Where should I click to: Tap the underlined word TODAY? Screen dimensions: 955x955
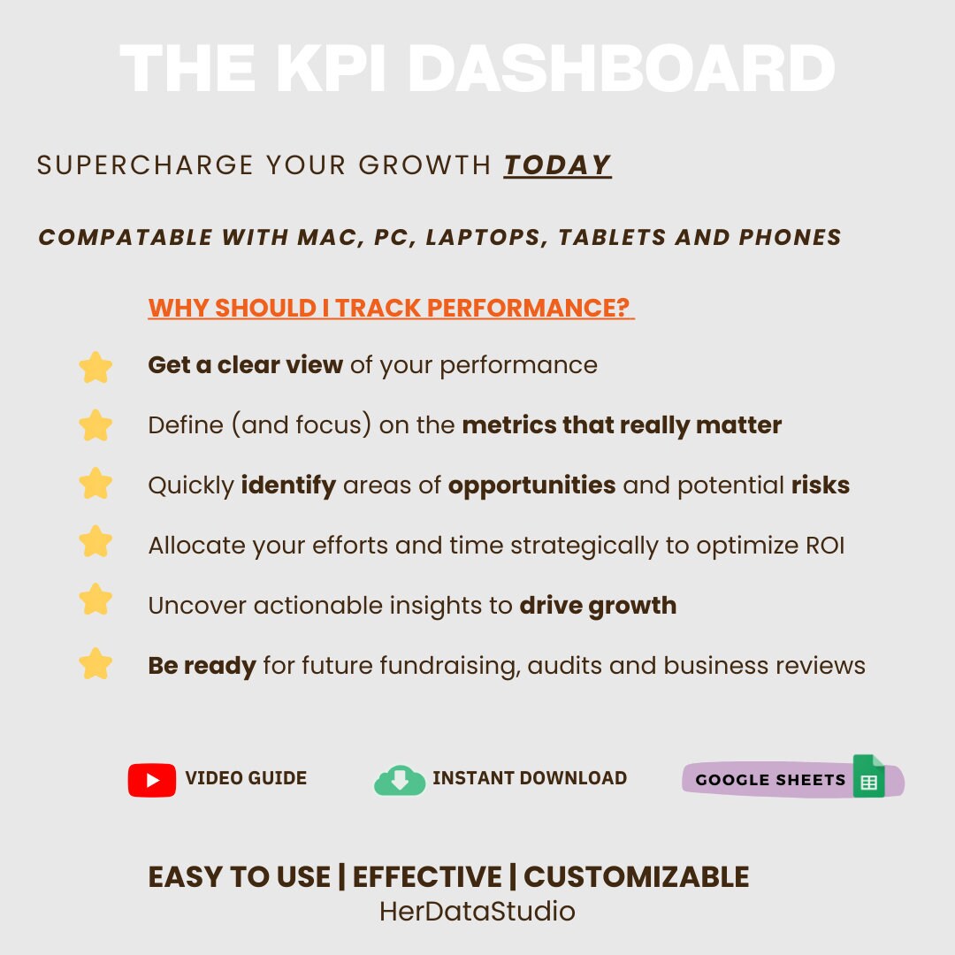(x=557, y=165)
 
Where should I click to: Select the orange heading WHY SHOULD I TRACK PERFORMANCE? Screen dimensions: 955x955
(x=390, y=308)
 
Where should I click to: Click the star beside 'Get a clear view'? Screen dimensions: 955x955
(x=95, y=367)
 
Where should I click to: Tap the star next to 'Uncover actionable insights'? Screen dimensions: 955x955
(x=95, y=600)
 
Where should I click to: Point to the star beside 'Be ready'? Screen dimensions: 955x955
(x=95, y=663)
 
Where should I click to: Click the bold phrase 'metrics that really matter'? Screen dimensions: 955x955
(x=622, y=425)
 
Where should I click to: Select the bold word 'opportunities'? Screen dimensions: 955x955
(x=531, y=485)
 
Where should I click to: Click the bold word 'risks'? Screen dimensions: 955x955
(x=820, y=485)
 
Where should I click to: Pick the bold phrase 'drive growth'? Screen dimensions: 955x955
(x=598, y=606)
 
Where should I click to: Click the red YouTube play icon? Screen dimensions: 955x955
(x=152, y=780)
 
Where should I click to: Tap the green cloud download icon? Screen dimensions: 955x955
(x=400, y=780)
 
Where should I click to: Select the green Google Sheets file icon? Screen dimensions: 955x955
(x=868, y=777)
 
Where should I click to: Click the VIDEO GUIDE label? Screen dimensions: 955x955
(x=246, y=779)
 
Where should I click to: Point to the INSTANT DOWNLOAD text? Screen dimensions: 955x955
(x=530, y=779)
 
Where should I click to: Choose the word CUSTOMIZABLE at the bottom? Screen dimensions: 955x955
(x=636, y=877)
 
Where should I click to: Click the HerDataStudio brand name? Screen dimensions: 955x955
(x=477, y=911)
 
